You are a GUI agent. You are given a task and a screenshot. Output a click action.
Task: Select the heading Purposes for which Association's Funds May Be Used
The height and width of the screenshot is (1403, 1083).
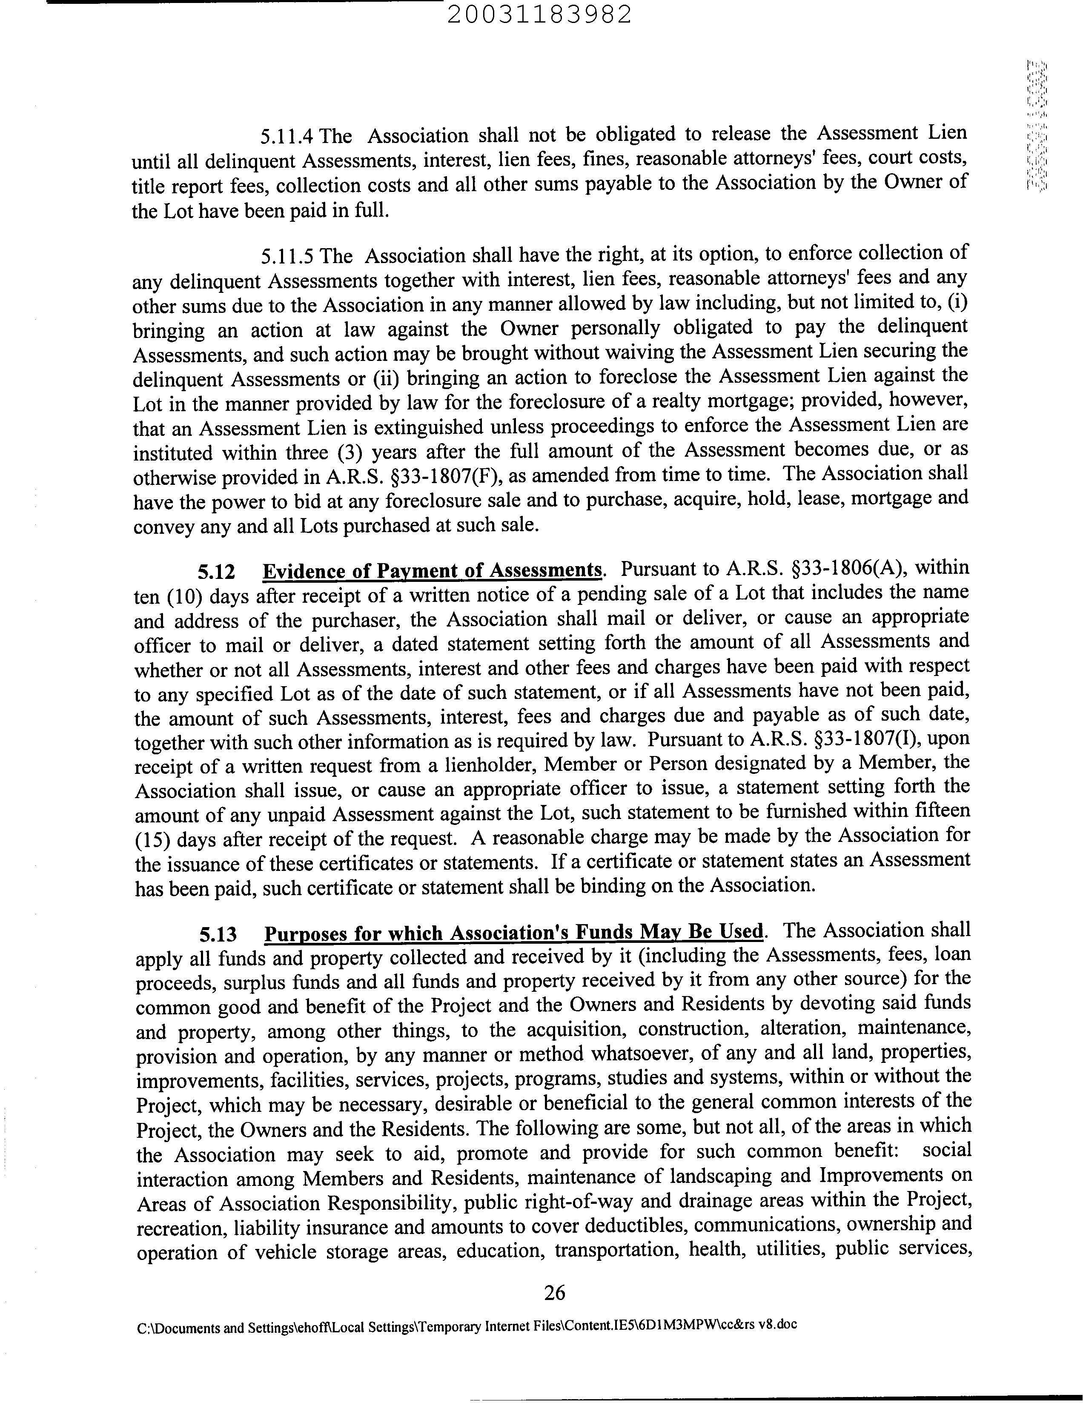pos(514,933)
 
